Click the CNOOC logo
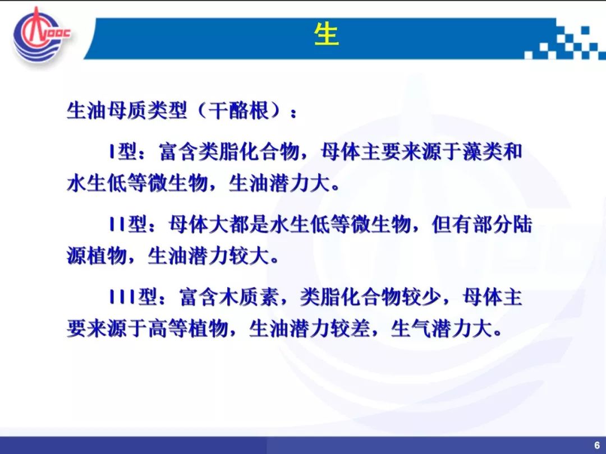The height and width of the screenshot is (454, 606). coord(42,36)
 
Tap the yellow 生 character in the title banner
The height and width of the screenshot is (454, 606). coord(327,35)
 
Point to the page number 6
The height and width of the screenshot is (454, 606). coord(596,444)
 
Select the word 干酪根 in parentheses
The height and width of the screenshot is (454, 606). coord(238,111)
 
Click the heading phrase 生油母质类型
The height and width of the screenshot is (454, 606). coord(127,111)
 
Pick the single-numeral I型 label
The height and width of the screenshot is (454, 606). coord(123,151)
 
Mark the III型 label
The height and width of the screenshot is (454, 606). coord(134,297)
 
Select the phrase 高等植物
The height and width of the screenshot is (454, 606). coord(188,329)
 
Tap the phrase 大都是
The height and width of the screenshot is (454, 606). coord(239,224)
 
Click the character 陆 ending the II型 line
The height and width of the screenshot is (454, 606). coord(522,224)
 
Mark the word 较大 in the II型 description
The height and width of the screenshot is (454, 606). coord(249,256)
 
